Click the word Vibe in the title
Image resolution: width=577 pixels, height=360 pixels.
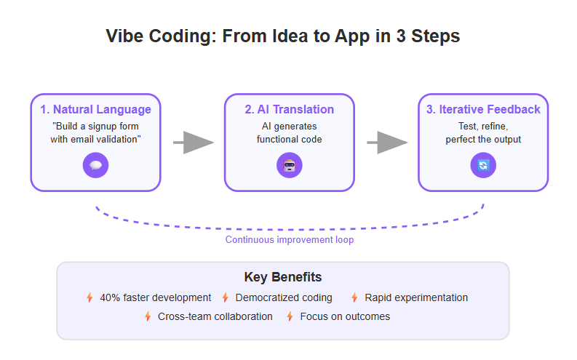pyautogui.click(x=124, y=36)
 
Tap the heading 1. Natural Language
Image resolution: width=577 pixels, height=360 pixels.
pyautogui.click(x=95, y=110)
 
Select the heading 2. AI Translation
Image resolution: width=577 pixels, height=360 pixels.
pyautogui.click(x=290, y=110)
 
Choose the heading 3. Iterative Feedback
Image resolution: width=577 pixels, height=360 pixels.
pyautogui.click(x=483, y=110)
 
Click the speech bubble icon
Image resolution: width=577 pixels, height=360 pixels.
pyautogui.click(x=95, y=166)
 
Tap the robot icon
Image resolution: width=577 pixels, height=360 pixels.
pyautogui.click(x=290, y=166)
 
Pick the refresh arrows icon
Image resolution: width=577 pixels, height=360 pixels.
pyautogui.click(x=483, y=166)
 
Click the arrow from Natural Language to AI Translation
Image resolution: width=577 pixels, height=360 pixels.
pyautogui.click(x=194, y=143)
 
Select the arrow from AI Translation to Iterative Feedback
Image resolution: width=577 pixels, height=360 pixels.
pyautogui.click(x=387, y=143)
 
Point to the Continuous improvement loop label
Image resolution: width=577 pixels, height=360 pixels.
pyautogui.click(x=290, y=240)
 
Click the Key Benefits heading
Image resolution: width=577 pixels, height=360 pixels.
pyautogui.click(x=283, y=277)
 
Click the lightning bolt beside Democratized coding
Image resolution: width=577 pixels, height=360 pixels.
pyautogui.click(x=226, y=297)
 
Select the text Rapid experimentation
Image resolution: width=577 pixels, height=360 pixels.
pyautogui.click(x=416, y=297)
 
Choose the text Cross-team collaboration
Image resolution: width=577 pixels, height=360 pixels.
pyautogui.click(x=215, y=316)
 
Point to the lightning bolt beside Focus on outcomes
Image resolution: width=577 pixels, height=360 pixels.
pyautogui.click(x=290, y=316)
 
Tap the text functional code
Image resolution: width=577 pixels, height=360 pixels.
pyautogui.click(x=290, y=140)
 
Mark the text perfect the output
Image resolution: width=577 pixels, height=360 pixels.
pyautogui.click(x=483, y=140)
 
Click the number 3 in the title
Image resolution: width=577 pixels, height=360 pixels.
pyautogui.click(x=401, y=36)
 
